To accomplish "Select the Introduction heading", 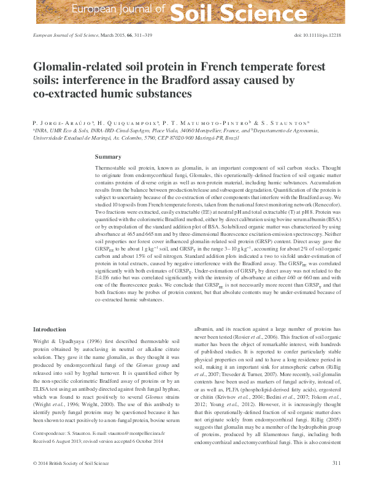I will coord(50,330).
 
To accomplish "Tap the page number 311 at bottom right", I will coord(336,463).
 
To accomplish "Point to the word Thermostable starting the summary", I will coord(112,167).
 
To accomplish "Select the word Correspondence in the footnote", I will coord(50,432).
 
